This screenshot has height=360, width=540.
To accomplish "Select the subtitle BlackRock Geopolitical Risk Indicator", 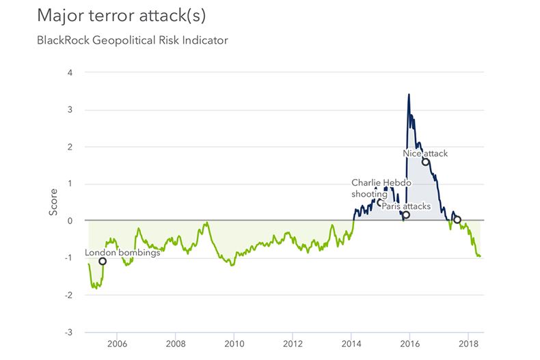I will click(133, 40).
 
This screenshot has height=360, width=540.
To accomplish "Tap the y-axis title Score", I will click(53, 203).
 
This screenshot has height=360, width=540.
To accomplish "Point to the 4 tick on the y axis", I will click(70, 72).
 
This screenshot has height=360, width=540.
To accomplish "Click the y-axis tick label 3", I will click(70, 110).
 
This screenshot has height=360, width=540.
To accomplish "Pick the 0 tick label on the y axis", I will click(70, 221).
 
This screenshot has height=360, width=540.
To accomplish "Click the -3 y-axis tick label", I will click(68, 332).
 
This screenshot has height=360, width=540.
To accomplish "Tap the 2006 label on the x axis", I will click(117, 344).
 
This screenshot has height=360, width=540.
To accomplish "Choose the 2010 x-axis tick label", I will click(234, 344).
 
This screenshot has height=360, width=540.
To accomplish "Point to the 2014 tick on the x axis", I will click(351, 344).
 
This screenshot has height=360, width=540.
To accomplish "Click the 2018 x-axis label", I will click(468, 344).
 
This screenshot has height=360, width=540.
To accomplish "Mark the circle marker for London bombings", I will click(103, 261).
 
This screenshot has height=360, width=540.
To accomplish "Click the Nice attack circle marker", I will click(425, 163).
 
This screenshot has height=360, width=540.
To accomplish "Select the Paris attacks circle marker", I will click(406, 215).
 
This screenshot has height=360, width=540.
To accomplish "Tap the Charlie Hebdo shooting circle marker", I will click(381, 202).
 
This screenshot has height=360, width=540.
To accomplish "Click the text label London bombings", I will click(122, 252).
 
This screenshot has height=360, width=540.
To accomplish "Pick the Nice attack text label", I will click(425, 154).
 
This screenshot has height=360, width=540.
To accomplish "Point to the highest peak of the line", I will click(409, 94).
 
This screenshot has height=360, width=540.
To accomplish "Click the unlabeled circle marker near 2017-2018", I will click(457, 220).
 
